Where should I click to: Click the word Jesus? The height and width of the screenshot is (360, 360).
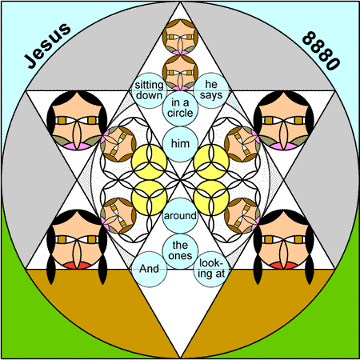(47, 46)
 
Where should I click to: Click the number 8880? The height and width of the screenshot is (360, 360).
(321, 50)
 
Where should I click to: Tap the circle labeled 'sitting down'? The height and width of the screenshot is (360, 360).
(149, 90)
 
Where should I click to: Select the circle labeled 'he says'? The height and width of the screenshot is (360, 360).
(211, 90)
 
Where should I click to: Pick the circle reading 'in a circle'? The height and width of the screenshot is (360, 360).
(180, 108)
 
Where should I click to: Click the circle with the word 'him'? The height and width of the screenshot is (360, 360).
(180, 144)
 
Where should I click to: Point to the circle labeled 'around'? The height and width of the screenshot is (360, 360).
(180, 215)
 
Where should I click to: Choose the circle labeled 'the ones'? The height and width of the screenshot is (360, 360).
(180, 251)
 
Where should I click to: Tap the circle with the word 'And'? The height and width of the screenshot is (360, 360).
(149, 269)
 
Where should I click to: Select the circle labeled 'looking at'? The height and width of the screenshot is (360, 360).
(211, 269)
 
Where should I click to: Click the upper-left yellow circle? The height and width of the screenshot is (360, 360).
(149, 162)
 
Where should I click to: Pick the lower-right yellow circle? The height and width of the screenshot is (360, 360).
(211, 198)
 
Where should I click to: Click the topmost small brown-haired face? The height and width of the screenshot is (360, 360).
(180, 37)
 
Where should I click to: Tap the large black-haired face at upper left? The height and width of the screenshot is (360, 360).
(77, 120)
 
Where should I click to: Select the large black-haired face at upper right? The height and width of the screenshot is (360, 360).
(283, 120)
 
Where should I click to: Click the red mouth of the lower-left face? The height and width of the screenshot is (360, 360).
(77, 265)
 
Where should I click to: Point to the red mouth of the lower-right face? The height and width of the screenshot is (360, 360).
(283, 265)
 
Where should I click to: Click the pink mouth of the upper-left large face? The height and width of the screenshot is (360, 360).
(77, 146)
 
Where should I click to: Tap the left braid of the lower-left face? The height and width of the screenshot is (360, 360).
(50, 269)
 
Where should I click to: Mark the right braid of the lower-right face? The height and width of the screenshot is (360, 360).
(310, 269)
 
